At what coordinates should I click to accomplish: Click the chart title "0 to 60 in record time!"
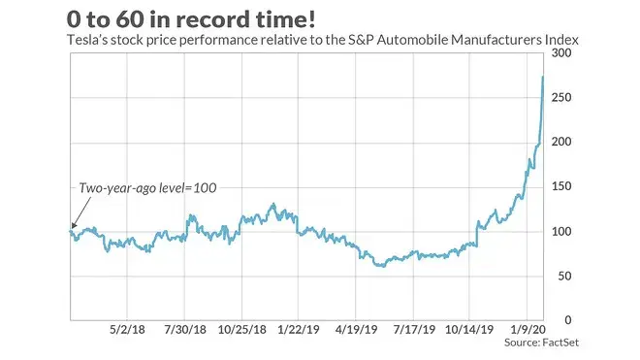coord(191,19)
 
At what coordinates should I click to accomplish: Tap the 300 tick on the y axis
coord(561,52)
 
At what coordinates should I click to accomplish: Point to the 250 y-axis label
coord(561,97)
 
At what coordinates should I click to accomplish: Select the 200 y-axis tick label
coord(561,142)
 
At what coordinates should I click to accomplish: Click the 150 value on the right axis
coord(561,186)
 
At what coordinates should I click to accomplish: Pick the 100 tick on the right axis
coord(561,231)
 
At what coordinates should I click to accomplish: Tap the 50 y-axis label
coord(564,276)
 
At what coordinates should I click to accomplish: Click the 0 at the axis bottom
coord(567,320)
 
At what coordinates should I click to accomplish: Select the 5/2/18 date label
coord(127,329)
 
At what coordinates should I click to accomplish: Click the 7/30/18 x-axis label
coord(185,329)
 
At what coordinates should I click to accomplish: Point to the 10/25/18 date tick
coord(241,329)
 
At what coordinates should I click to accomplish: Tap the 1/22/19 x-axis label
coord(299,329)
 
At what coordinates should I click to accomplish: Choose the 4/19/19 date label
coord(356,329)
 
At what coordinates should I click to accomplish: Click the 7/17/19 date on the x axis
coord(414,329)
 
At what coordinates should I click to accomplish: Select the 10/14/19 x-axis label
coord(469,329)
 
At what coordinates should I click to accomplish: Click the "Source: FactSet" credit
coord(541,343)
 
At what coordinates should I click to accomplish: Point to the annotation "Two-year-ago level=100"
coord(147,188)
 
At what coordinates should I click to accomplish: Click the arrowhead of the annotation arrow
coord(74,225)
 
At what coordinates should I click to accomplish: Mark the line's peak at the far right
coord(543,77)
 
